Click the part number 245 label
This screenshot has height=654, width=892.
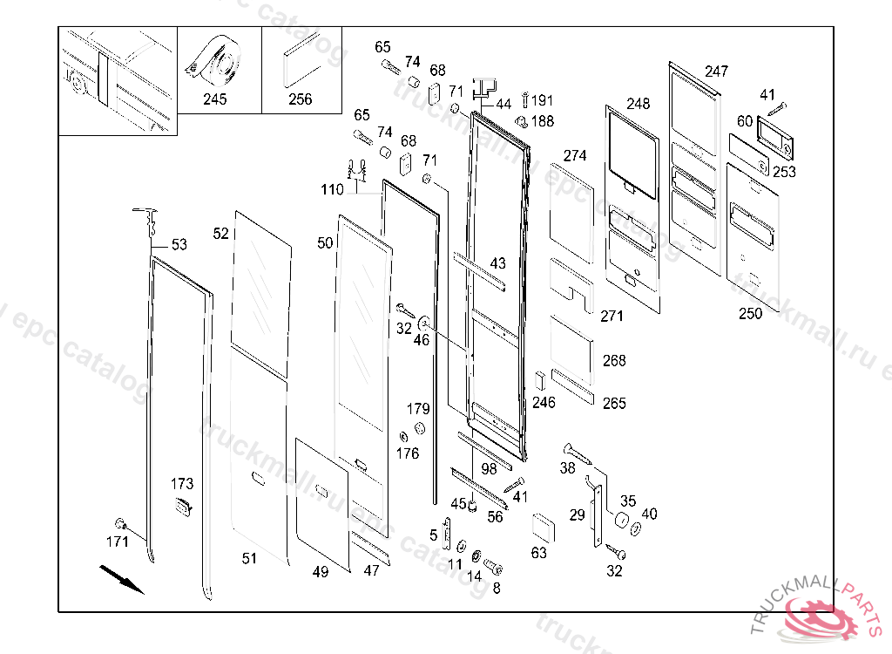click(214, 99)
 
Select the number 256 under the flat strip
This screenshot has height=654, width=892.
click(300, 99)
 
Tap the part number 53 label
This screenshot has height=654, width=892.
click(179, 245)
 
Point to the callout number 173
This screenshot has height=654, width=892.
click(182, 484)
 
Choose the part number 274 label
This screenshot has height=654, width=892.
click(575, 155)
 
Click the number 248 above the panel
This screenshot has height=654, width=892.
click(638, 104)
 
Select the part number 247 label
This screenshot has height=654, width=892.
click(717, 72)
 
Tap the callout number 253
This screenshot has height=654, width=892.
click(784, 172)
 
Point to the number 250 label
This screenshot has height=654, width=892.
click(750, 313)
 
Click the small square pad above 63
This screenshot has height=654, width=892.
click(543, 527)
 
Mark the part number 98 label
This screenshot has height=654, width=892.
click(490, 469)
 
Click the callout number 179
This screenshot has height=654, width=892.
click(418, 409)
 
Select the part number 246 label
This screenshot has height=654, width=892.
click(544, 403)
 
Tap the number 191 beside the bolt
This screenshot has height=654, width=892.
click(543, 101)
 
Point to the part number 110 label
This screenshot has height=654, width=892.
click(332, 190)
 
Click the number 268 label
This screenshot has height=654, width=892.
click(614, 361)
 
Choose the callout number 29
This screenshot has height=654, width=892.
click(578, 515)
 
